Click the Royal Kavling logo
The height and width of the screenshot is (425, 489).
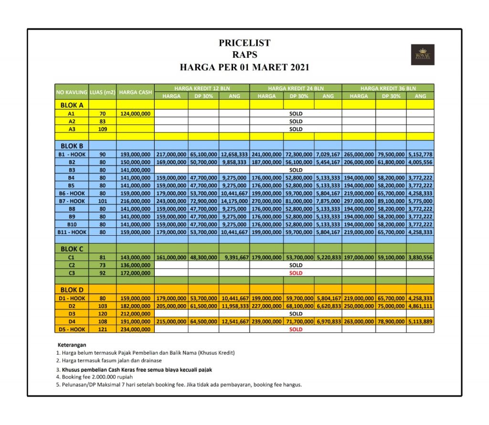[x=422, y=55]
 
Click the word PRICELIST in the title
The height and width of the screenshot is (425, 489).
[x=244, y=43]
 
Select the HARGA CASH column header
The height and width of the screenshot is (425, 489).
[x=135, y=92]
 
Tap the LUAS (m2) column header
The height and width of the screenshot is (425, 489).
[x=102, y=92]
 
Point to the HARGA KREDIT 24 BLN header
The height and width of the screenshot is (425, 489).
[x=296, y=88]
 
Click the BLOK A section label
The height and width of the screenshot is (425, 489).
[x=72, y=105]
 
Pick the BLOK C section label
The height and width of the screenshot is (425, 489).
[x=72, y=249]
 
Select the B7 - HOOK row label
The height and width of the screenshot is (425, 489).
[x=72, y=201]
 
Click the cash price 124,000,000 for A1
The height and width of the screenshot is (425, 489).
[x=135, y=114]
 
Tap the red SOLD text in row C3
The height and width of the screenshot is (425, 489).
[x=296, y=272]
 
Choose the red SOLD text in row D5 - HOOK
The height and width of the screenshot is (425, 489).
[x=296, y=329]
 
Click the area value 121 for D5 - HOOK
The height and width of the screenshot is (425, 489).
[x=102, y=329]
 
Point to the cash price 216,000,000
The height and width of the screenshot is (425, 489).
[x=135, y=201]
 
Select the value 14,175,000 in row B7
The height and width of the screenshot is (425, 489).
[x=234, y=201]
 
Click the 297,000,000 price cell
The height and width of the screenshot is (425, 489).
[x=359, y=201]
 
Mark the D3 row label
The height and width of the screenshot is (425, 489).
[x=72, y=314]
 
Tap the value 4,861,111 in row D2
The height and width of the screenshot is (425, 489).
[x=420, y=306]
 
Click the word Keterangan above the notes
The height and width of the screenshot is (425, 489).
[x=72, y=345]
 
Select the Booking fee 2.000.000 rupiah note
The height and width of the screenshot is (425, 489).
[x=94, y=377]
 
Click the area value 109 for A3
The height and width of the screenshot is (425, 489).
[x=102, y=129]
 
